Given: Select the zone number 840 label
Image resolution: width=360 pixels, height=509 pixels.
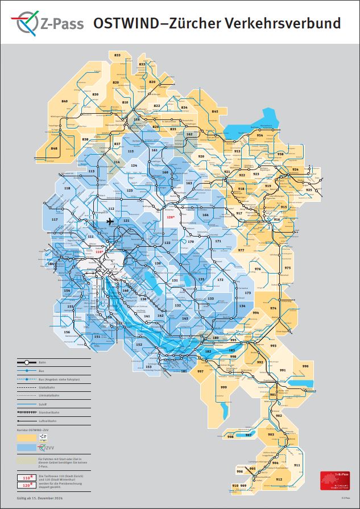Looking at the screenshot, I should (64, 101).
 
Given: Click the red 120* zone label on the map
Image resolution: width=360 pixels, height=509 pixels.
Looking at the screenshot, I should (169, 217).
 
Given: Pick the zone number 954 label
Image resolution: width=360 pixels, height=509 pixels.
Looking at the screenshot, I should (259, 135).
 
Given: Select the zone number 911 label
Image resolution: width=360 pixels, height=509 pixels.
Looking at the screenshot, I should (297, 465).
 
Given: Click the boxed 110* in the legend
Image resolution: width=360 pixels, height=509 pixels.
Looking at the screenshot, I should (26, 478).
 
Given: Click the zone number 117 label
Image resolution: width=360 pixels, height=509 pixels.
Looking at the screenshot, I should (55, 219).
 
